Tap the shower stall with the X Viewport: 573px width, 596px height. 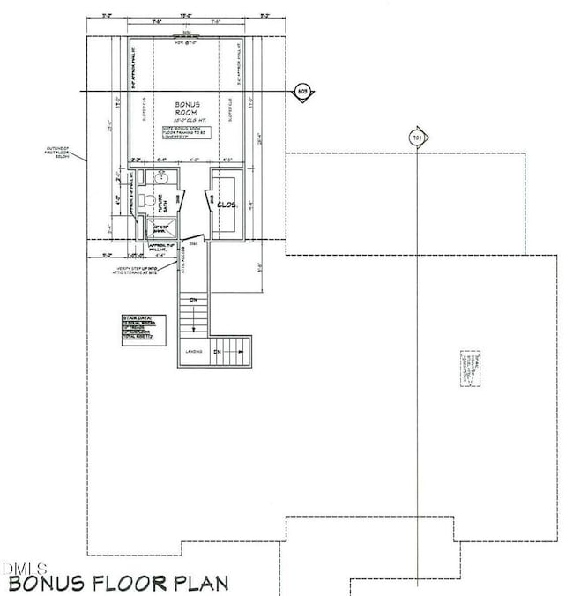[160, 229]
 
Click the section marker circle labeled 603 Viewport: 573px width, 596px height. [302, 91]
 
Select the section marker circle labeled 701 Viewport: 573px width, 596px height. [417, 138]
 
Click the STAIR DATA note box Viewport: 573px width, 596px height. [144, 327]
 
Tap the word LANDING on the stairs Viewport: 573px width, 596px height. [193, 352]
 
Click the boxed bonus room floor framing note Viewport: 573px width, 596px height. [186, 132]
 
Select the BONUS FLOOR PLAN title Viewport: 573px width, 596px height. [117, 583]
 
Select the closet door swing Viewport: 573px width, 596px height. [207, 204]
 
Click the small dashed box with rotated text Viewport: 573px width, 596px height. [471, 368]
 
